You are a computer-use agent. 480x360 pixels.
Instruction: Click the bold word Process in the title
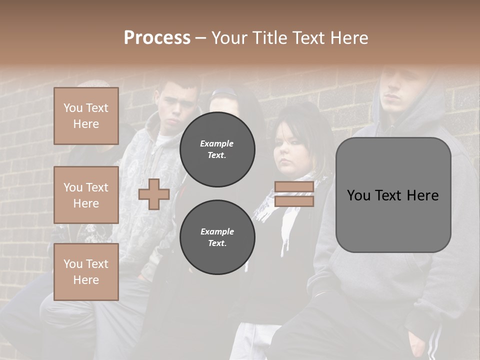click(x=157, y=37)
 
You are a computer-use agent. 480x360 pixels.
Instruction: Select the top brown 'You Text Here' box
click(x=86, y=116)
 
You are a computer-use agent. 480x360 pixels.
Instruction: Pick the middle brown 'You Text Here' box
click(x=86, y=195)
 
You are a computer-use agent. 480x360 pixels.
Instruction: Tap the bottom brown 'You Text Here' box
click(x=86, y=272)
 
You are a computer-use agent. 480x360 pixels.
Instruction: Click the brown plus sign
click(x=154, y=194)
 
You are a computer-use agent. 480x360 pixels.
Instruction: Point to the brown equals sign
click(x=294, y=194)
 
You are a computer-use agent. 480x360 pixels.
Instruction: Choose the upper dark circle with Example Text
click(x=217, y=149)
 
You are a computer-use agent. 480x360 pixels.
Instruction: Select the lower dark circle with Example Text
click(x=217, y=237)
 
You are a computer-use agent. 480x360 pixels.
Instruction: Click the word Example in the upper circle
click(x=217, y=143)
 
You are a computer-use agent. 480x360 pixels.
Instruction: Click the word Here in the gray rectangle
click(x=422, y=195)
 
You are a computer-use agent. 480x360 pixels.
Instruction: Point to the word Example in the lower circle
click(x=217, y=231)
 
